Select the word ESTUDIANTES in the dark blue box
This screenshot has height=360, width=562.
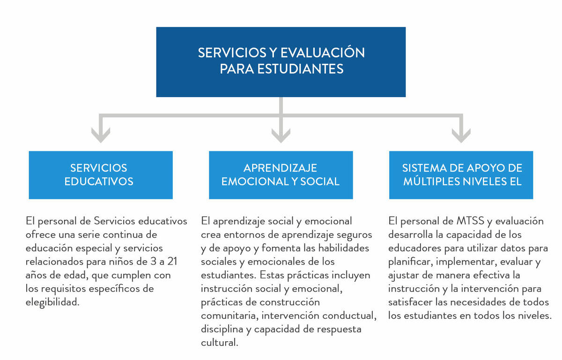[x=300, y=69]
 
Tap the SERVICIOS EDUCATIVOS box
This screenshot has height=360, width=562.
[x=101, y=175]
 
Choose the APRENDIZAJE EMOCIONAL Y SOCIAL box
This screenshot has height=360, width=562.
[x=281, y=175]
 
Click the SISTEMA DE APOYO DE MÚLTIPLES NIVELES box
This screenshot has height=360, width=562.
[x=461, y=175]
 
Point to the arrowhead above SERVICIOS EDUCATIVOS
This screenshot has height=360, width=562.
[x=101, y=135]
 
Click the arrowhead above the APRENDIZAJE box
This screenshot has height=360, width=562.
[x=281, y=135]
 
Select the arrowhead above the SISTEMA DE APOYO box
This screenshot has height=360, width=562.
[x=461, y=135]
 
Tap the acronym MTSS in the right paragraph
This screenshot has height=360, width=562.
[x=470, y=221]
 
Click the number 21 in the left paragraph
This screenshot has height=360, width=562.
[x=172, y=262]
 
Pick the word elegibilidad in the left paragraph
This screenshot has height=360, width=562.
[x=52, y=302]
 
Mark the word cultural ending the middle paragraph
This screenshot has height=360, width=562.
[x=219, y=343]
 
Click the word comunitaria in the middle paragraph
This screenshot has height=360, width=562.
[x=229, y=316]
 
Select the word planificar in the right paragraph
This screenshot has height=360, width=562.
[x=410, y=262]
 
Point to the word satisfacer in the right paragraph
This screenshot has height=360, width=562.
[x=410, y=302]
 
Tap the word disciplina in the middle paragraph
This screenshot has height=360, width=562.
[x=222, y=330]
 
